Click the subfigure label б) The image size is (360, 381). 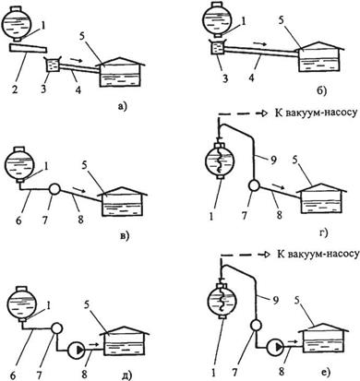(322, 90)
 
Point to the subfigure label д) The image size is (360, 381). (125, 375)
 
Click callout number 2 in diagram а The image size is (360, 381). (15, 90)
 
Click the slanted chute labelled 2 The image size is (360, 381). (28, 49)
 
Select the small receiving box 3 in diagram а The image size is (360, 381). (52, 65)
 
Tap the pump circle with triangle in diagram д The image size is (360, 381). (76, 350)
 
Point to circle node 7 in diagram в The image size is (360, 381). (54, 189)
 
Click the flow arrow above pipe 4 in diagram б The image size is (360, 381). (260, 44)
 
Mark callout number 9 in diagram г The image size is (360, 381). (274, 160)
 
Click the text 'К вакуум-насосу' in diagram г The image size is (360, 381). (316, 113)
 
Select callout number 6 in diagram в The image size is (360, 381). (18, 220)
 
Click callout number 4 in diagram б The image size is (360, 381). (252, 77)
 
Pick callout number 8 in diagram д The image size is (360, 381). (84, 375)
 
